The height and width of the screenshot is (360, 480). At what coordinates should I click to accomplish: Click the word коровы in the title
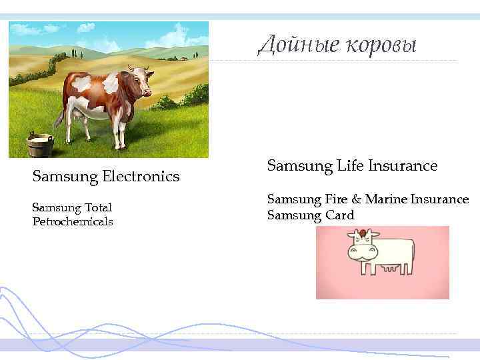point(379,45)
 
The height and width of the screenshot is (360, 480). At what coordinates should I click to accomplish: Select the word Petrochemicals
point(73,221)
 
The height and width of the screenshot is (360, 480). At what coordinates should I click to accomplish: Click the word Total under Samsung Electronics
point(97,207)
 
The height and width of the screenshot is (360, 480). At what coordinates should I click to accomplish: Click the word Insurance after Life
point(401,165)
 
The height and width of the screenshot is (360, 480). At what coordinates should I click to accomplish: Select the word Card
point(340,215)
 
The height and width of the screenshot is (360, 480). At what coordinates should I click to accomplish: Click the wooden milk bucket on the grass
point(39,145)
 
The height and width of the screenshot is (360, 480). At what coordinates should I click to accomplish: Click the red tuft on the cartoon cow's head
point(362,233)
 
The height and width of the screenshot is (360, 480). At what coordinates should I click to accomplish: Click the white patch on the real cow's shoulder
point(110,84)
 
